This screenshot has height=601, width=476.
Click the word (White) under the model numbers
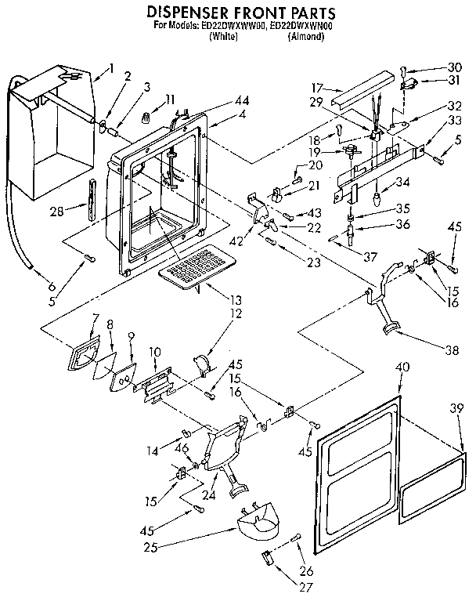[225, 36]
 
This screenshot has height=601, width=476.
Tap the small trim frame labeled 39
[432, 488]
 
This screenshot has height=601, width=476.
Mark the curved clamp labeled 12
[204, 365]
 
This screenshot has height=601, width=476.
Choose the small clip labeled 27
[266, 558]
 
